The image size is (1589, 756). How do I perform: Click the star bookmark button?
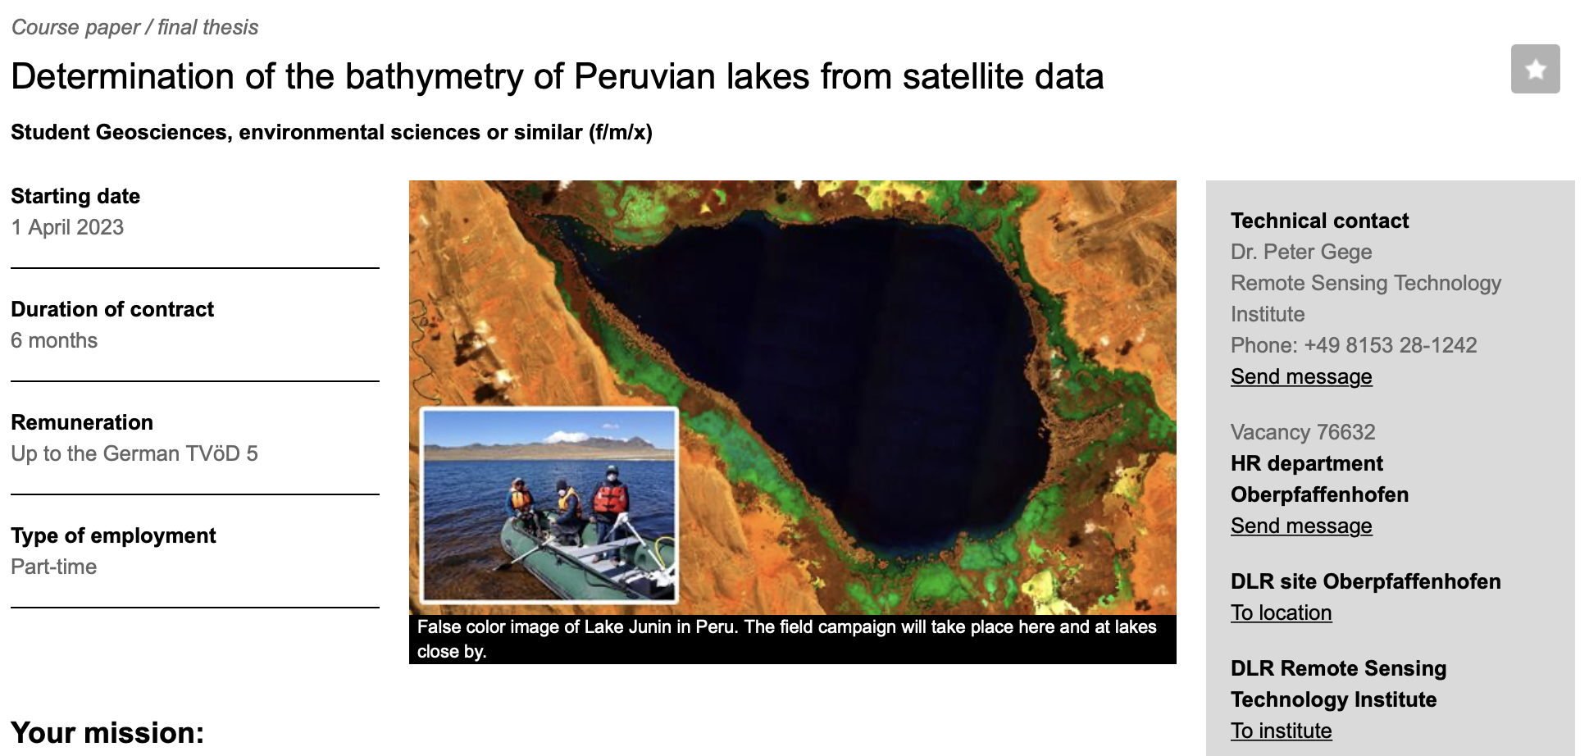(x=1535, y=69)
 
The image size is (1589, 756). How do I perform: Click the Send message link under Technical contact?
(x=1301, y=376)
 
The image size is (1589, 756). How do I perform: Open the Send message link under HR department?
(x=1301, y=526)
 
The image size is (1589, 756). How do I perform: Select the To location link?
(x=1281, y=613)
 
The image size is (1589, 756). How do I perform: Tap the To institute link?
(x=1281, y=731)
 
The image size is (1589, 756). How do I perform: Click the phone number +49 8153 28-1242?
(x=1391, y=345)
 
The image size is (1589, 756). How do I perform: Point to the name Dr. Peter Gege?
(x=1301, y=252)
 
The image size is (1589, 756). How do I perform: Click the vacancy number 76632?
(x=1346, y=432)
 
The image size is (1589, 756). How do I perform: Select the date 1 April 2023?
(x=67, y=227)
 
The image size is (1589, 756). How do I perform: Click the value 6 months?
(x=54, y=340)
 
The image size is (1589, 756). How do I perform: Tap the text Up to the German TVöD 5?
(x=134, y=453)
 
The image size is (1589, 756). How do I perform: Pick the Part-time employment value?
(x=54, y=567)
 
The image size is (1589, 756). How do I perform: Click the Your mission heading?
(x=107, y=732)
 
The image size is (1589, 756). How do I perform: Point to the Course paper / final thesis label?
(x=134, y=27)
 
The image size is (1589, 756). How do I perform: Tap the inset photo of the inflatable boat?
(x=549, y=505)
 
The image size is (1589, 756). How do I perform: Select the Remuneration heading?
(x=82, y=422)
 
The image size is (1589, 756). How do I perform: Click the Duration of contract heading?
(x=112, y=309)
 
